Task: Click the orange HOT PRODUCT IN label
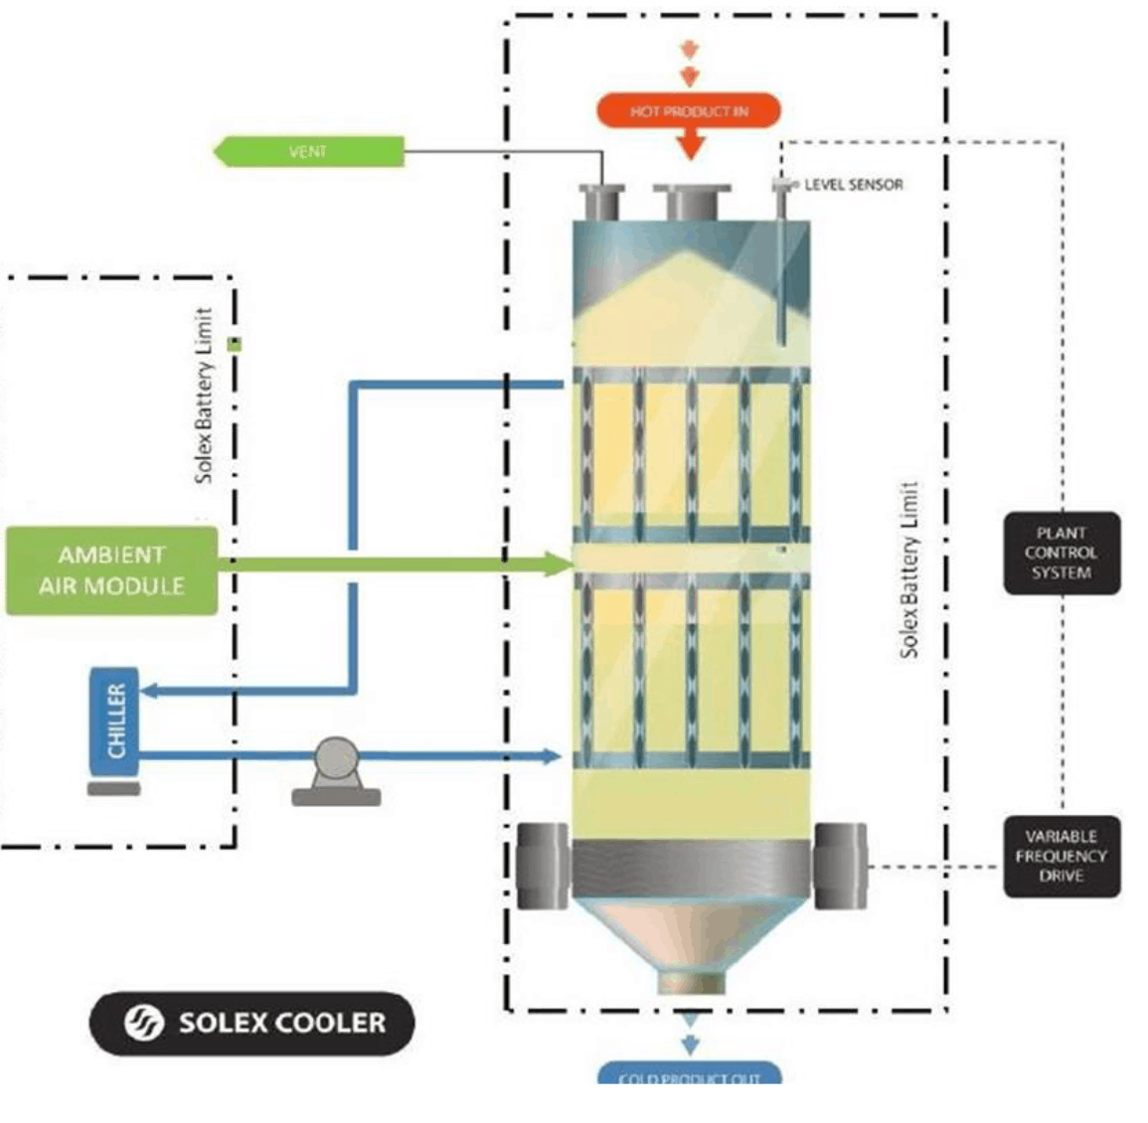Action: tap(689, 111)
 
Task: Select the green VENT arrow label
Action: tap(309, 152)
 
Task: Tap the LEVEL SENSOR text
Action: tap(853, 185)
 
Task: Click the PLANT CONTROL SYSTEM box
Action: tap(1061, 554)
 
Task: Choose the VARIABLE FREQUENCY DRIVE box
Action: tap(1061, 857)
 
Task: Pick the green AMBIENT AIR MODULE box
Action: tap(111, 570)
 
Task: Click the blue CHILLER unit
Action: tap(114, 721)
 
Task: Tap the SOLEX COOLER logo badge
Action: tap(251, 1023)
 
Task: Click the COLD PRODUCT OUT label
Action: tap(689, 1076)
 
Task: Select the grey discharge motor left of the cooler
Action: tap(542, 866)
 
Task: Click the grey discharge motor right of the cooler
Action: tap(840, 866)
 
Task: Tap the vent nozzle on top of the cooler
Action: tap(601, 202)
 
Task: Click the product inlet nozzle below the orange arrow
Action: tap(691, 202)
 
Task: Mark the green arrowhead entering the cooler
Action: tap(561, 563)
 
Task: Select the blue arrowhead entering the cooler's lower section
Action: tap(553, 756)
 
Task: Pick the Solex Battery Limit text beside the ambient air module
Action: tap(204, 396)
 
